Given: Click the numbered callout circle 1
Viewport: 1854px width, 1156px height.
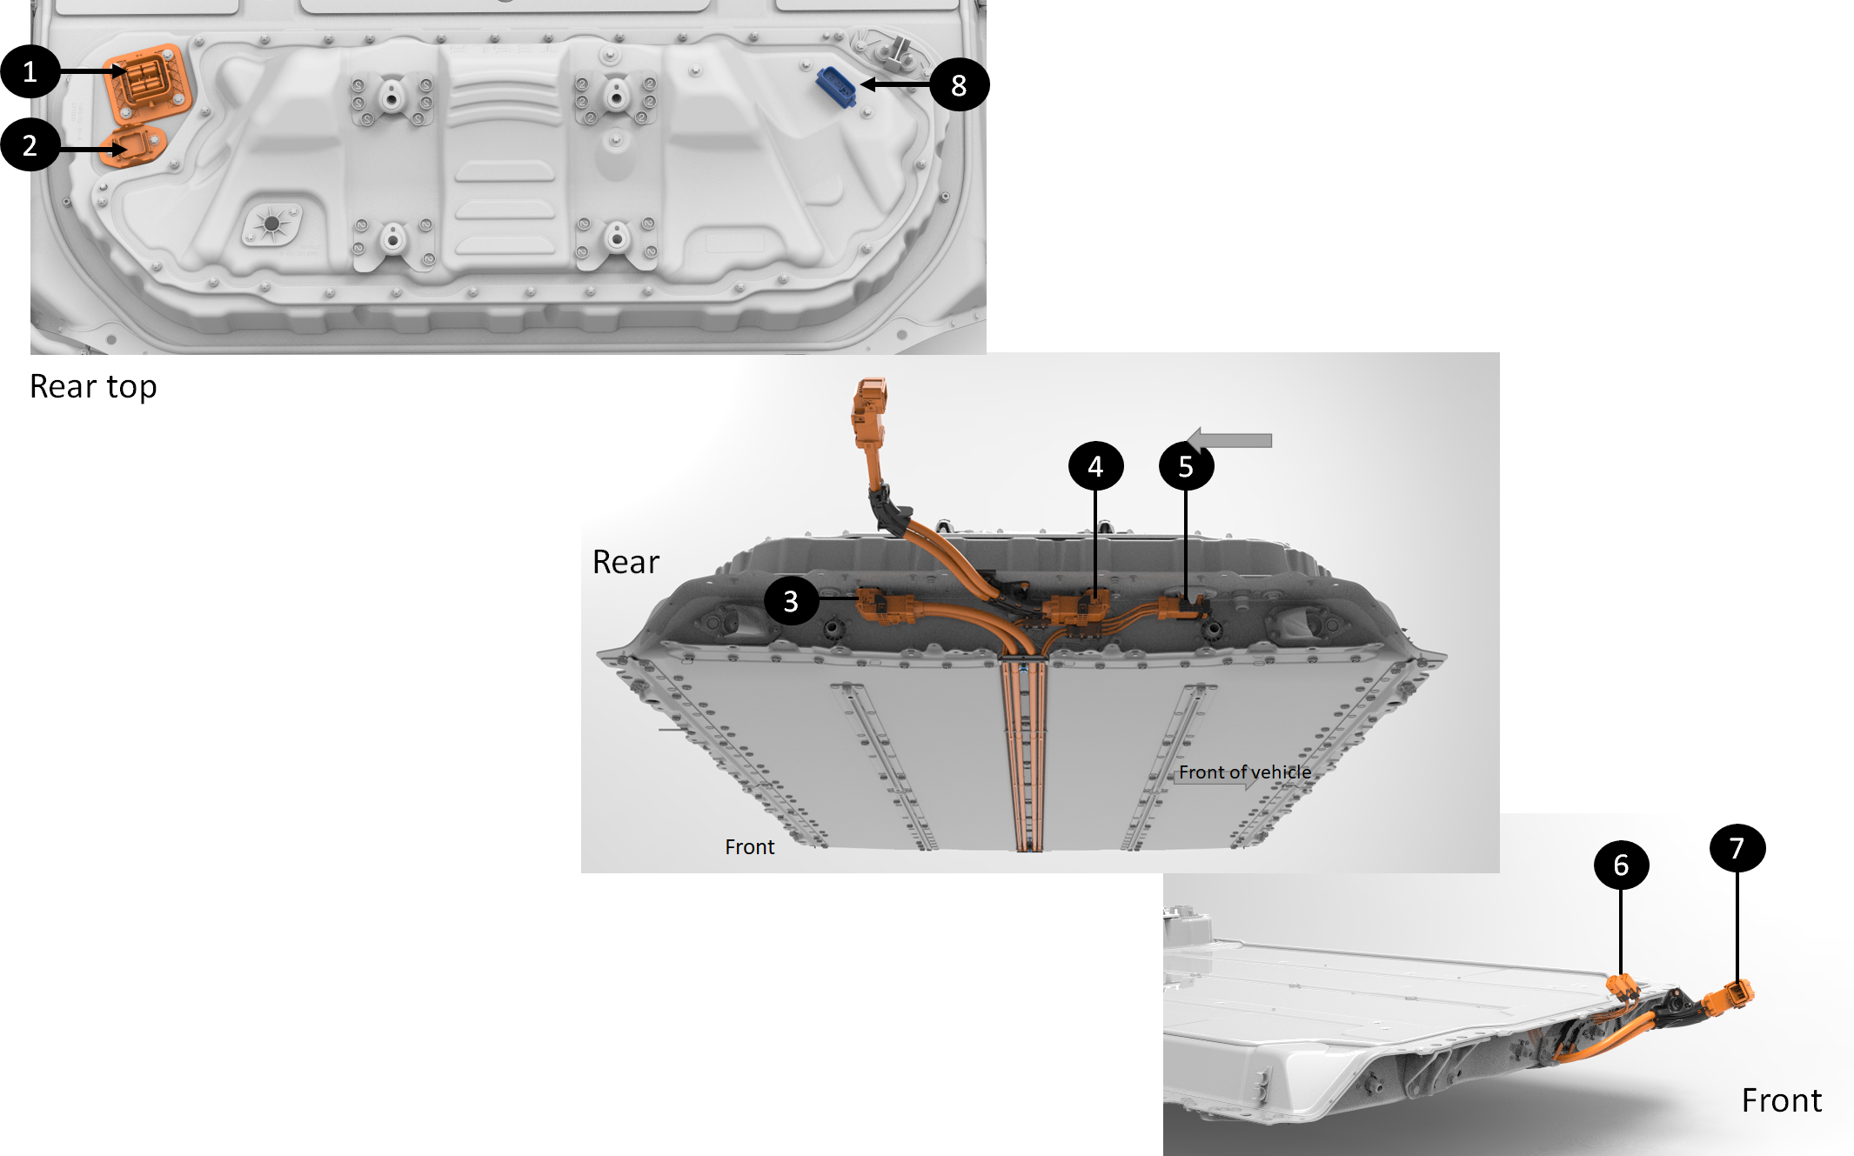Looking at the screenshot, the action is (30, 71).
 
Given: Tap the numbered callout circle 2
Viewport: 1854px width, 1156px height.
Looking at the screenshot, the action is (30, 144).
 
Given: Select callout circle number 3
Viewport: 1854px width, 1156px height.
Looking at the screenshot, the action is (791, 600).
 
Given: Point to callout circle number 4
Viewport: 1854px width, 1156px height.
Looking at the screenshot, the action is (1095, 466).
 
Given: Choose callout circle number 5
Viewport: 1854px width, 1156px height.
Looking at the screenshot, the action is (1186, 466).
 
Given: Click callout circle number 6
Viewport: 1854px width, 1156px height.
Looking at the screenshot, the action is (1621, 865).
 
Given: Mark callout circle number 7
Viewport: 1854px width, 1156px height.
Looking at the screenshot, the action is (1737, 848).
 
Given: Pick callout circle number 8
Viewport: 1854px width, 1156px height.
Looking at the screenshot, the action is (959, 85).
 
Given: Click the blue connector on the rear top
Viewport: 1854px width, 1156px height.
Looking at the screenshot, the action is (835, 86).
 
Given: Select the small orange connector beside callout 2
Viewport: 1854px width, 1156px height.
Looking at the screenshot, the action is (133, 144).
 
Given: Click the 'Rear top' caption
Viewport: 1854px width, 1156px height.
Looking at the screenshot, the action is (93, 387).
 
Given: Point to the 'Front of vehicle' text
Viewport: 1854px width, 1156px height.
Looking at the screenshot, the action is (1245, 772).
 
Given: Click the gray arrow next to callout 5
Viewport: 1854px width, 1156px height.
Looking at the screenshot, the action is (1229, 440).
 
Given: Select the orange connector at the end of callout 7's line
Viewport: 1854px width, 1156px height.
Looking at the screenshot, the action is (1731, 997).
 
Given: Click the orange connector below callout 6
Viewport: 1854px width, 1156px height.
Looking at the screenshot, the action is (1623, 989).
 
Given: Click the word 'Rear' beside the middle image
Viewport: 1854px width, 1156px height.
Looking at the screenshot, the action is (626, 563).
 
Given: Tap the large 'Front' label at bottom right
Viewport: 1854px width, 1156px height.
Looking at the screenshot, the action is (1781, 1100).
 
